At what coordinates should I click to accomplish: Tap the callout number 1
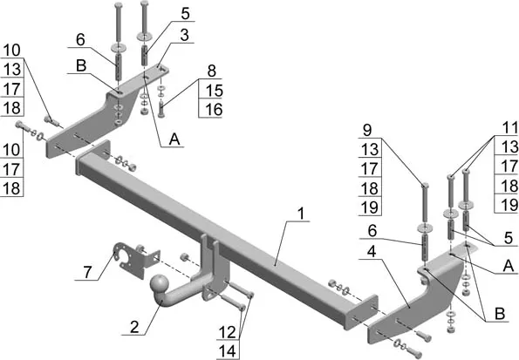click(x=301, y=214)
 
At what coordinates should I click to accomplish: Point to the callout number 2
click(x=134, y=327)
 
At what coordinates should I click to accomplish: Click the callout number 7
click(x=87, y=272)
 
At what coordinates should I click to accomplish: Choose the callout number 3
click(x=185, y=35)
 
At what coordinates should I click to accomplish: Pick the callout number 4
click(x=372, y=251)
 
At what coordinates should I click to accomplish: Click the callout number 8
click(x=211, y=71)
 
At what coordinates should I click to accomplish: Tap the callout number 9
click(x=367, y=130)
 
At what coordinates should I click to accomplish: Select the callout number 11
click(x=509, y=128)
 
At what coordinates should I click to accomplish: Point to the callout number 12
click(x=227, y=332)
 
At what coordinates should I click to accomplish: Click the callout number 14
click(x=228, y=351)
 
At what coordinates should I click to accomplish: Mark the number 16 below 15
click(x=214, y=110)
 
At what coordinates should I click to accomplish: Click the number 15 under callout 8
click(x=214, y=91)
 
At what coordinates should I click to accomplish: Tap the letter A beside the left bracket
click(x=174, y=139)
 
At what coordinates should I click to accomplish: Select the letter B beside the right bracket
click(x=500, y=314)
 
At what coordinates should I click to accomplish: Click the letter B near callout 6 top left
click(x=81, y=65)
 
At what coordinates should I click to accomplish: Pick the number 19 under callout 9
click(x=370, y=207)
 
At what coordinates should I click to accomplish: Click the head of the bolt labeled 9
click(x=425, y=185)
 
